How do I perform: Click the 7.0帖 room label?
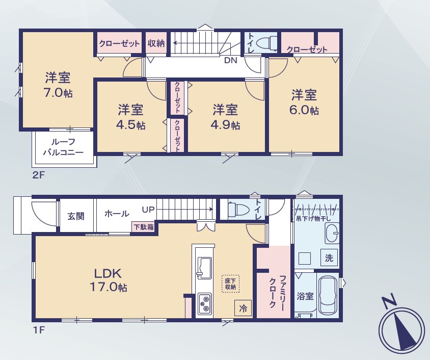pyautogui.click(x=58, y=85)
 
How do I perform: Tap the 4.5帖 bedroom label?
pyautogui.click(x=131, y=117)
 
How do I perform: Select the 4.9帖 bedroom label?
pyautogui.click(x=225, y=117)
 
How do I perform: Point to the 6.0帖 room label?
pyautogui.click(x=304, y=102)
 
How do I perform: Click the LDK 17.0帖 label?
pyautogui.click(x=109, y=280)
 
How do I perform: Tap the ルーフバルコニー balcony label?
pyautogui.click(x=63, y=147)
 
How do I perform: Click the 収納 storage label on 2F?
pyautogui.click(x=156, y=43)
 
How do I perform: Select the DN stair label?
pyautogui.click(x=231, y=60)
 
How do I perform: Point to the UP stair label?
pyautogui.click(x=148, y=210)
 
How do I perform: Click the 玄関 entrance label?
pyautogui.click(x=76, y=216)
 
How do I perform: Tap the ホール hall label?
pyautogui.click(x=117, y=213)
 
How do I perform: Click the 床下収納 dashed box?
pyautogui.click(x=230, y=284)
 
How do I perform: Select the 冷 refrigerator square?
pyautogui.click(x=243, y=308)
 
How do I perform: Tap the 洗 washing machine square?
pyautogui.click(x=329, y=258)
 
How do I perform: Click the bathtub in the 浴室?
pyautogui.click(x=328, y=295)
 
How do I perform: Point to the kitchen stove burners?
pyautogui.click(x=205, y=304)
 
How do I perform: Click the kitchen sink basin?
pyautogui.click(x=204, y=268)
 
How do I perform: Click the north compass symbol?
pyautogui.click(x=401, y=326)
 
